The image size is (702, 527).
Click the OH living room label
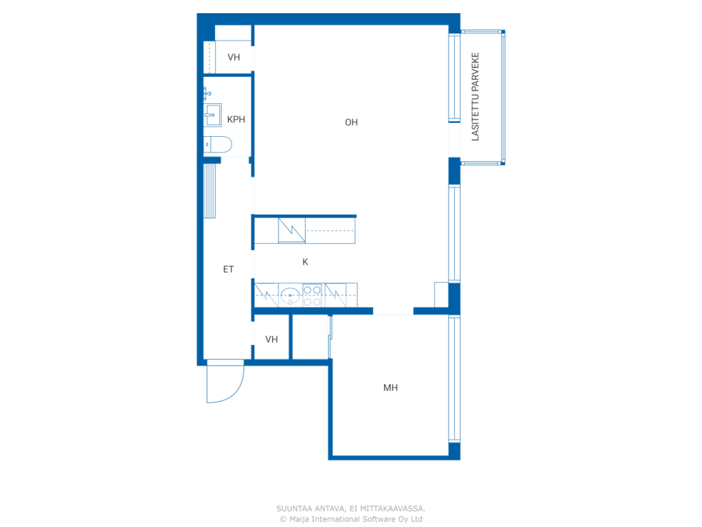(351, 122)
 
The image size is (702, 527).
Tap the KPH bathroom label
(236, 119)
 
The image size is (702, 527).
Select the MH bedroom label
(390, 388)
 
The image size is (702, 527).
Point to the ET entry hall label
(228, 269)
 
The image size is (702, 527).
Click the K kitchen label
(305, 262)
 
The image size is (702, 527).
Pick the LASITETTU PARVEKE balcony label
(475, 96)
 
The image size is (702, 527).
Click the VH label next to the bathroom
(234, 57)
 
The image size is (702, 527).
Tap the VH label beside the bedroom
(271, 339)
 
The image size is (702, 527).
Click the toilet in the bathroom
(218, 144)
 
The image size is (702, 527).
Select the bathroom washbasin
(212, 115)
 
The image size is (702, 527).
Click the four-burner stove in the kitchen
(312, 295)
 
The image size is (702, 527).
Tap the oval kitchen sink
(290, 295)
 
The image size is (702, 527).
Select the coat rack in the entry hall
(209, 190)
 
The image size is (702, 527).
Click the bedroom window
(454, 379)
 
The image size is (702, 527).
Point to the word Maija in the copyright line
(299, 519)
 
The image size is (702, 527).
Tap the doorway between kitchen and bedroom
(393, 311)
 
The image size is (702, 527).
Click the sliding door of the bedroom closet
(330, 337)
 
